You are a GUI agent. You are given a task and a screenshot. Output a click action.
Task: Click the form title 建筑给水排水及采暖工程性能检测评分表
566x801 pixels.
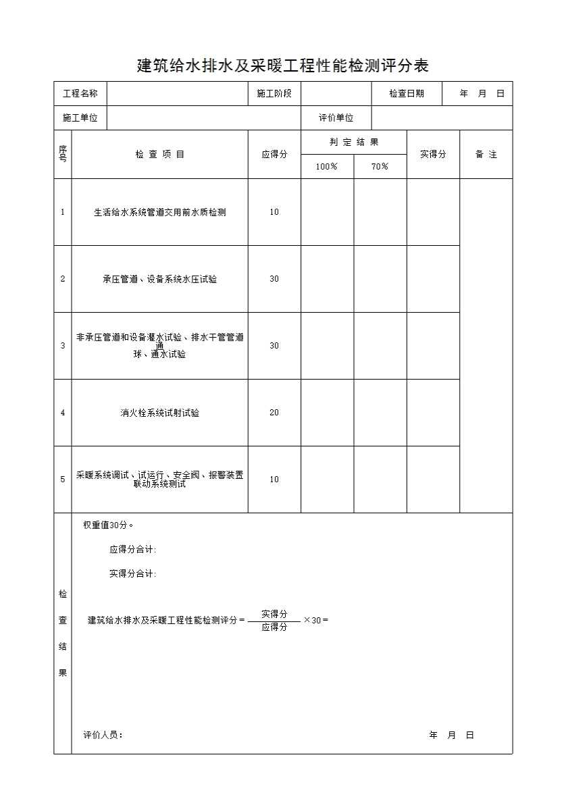pos(283,66)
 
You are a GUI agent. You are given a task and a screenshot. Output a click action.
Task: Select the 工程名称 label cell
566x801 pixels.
pos(80,94)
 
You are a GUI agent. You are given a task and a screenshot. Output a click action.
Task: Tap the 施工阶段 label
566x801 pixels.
pos(274,94)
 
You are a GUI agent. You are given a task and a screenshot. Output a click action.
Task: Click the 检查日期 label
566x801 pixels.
pos(407,94)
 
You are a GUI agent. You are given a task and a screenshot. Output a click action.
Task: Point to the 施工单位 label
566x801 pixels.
pos(80,118)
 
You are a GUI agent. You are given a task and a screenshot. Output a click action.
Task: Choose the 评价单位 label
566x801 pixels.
pos(336,118)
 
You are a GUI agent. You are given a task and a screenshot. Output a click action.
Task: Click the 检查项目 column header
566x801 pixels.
pos(160,155)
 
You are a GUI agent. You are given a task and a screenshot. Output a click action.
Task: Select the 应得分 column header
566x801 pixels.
pos(274,155)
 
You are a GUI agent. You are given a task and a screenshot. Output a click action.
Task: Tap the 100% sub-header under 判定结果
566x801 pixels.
pos(327,167)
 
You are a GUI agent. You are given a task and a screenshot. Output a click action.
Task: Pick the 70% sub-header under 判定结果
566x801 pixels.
pos(380,167)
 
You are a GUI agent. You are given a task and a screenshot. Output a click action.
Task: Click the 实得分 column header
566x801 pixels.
pos(433,155)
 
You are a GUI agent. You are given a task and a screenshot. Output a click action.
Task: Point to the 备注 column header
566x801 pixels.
pos(486,155)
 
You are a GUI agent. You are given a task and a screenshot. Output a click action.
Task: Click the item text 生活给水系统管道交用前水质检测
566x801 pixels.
pos(160,212)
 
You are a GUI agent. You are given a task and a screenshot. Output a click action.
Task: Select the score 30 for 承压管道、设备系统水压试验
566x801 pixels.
pos(274,279)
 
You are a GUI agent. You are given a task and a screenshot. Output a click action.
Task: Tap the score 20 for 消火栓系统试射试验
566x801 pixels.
pos(274,413)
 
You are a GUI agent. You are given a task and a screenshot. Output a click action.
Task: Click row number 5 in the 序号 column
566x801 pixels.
pos(63,480)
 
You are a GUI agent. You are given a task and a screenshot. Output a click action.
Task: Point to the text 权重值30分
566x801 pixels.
pos(108,525)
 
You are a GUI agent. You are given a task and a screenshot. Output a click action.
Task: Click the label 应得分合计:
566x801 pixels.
pos(133,550)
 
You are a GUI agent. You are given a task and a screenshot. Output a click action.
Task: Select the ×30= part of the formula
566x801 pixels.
pos(315,621)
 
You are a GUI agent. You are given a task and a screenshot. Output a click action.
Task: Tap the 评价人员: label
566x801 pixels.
pos(103,735)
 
